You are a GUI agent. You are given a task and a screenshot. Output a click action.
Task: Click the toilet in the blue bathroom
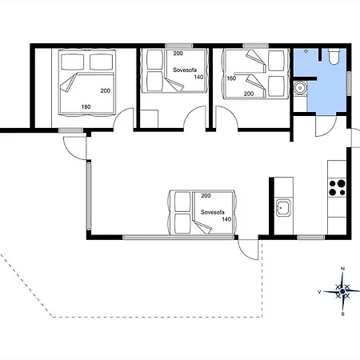tap(333, 56)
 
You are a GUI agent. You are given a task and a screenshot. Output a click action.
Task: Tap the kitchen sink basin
tap(283, 207)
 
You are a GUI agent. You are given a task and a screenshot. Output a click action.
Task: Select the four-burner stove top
tap(337, 188)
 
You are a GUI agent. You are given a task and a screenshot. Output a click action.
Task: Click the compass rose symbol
tap(342, 291)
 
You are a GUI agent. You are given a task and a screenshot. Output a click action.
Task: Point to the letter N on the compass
tap(343, 269)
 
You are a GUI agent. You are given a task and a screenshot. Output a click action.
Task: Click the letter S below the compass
tap(343, 314)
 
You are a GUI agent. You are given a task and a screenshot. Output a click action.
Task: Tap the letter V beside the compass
tap(319, 292)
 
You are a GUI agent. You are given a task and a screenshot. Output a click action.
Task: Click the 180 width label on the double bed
tap(86, 107)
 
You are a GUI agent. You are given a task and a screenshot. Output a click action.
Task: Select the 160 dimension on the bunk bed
tap(231, 78)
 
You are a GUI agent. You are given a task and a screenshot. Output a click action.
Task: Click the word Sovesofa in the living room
tap(212, 212)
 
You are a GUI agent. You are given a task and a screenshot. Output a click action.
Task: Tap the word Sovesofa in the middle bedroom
tap(185, 70)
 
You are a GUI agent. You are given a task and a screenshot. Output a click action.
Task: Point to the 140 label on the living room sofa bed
tap(226, 219)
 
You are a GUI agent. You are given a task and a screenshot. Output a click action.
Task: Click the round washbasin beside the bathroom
tap(300, 87)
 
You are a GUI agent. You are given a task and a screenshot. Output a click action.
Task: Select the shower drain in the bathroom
tap(306, 51)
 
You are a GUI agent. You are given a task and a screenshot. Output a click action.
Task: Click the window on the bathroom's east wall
tap(349, 83)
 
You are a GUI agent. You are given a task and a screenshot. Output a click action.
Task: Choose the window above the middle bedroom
tap(178, 46)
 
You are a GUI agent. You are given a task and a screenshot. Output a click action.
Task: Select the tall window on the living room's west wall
tap(89, 197)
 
